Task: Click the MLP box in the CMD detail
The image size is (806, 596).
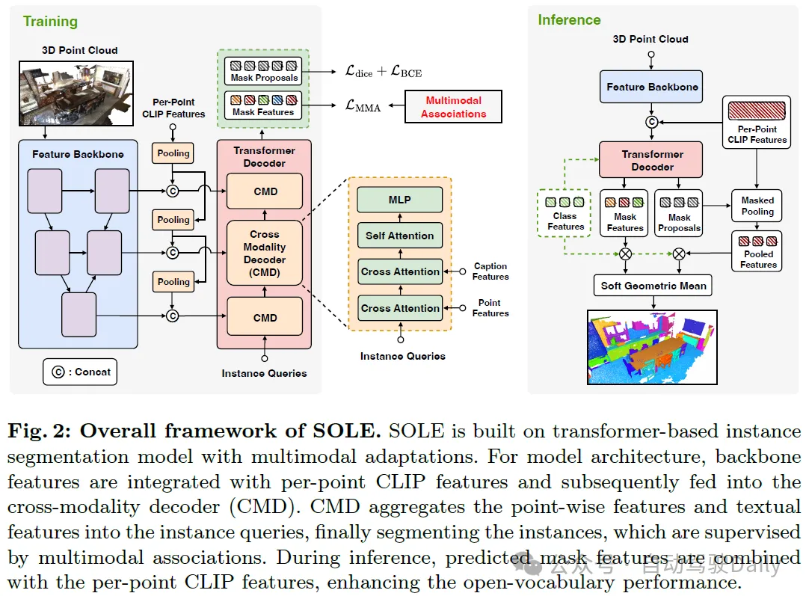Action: (400, 200)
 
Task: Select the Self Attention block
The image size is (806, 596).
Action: (400, 236)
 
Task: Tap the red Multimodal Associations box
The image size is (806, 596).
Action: (453, 107)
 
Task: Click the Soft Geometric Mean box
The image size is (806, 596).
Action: (653, 285)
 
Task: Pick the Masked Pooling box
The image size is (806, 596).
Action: (757, 206)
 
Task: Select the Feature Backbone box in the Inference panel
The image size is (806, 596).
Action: (652, 87)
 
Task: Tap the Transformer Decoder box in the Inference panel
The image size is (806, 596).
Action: (652, 160)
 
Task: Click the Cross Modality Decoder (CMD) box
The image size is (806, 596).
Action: (265, 253)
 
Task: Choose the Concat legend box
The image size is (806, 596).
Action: (80, 372)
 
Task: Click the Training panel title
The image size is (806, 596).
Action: (50, 21)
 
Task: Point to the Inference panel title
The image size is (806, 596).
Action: (569, 20)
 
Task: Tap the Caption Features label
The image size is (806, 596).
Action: (490, 271)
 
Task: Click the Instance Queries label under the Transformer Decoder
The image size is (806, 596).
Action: (264, 372)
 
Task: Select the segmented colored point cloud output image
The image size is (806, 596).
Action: (652, 347)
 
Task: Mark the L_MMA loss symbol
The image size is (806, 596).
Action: (363, 107)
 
